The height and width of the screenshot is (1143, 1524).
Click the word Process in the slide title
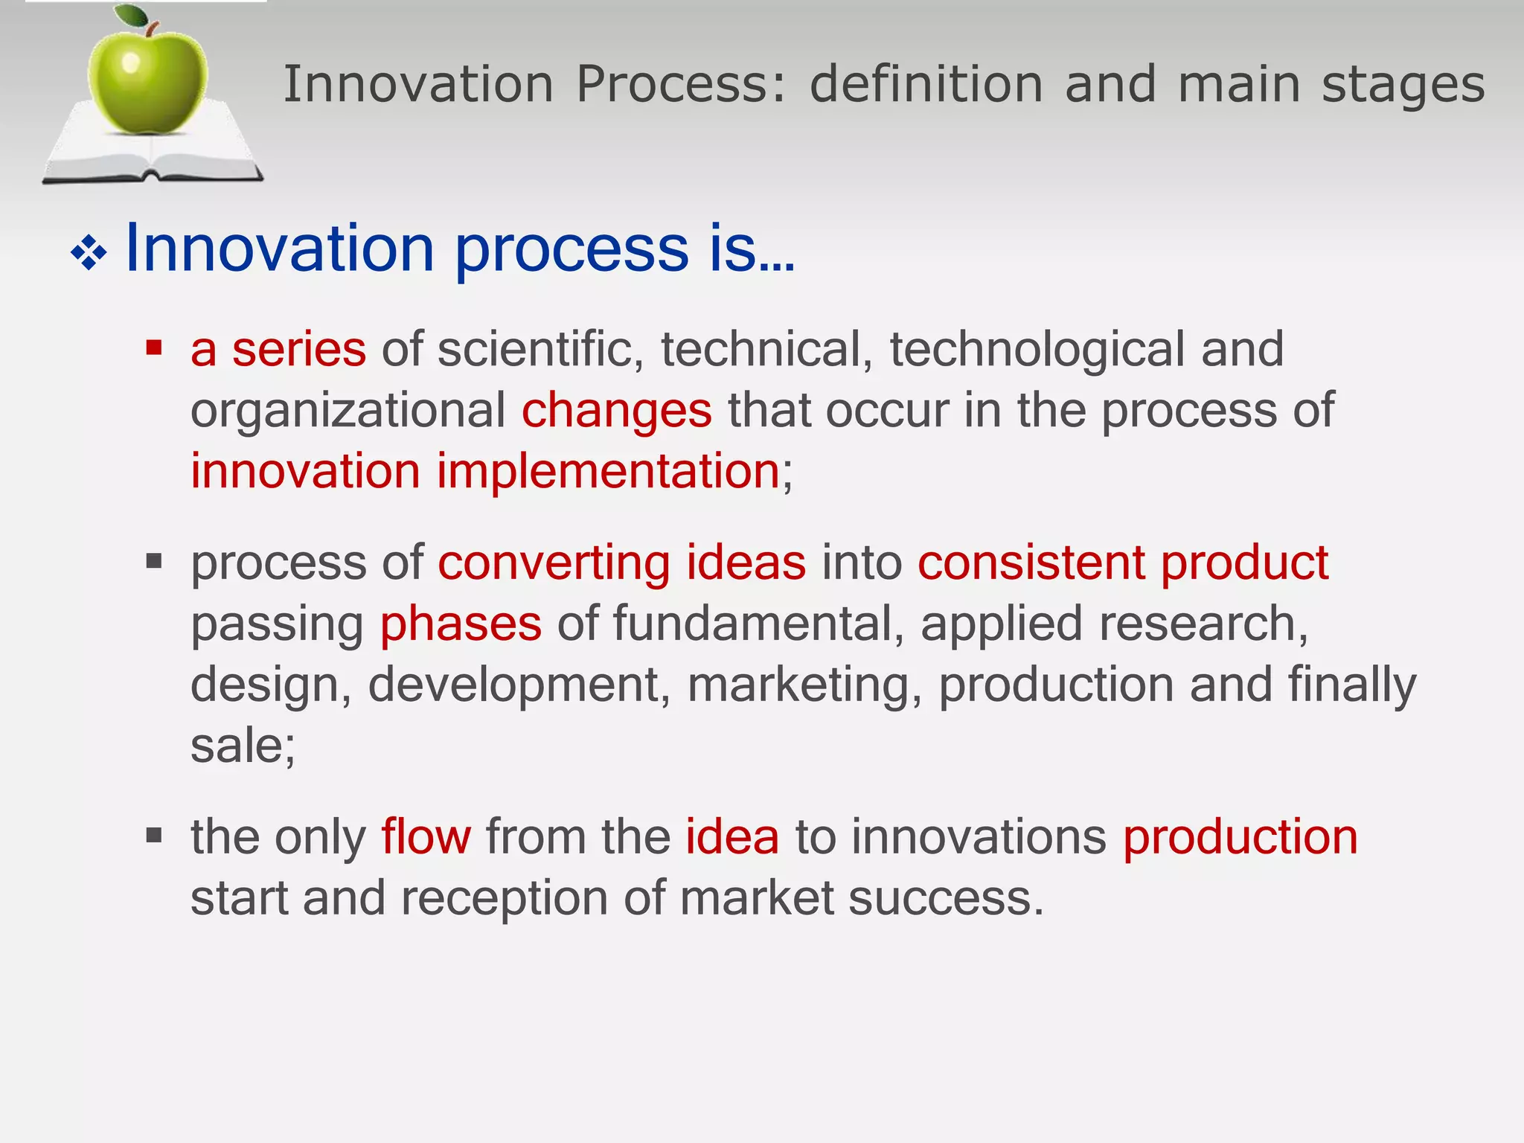(x=680, y=84)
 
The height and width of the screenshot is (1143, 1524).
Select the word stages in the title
(x=1403, y=84)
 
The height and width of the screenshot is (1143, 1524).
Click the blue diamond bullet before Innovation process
(x=89, y=254)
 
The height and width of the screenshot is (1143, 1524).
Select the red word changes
(x=616, y=411)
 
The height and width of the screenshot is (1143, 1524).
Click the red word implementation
(x=607, y=472)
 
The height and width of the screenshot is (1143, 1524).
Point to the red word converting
(x=554, y=563)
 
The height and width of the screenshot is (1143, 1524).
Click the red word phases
(x=461, y=624)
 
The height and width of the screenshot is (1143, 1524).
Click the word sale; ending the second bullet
(x=243, y=746)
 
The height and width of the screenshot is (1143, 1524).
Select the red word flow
(x=426, y=837)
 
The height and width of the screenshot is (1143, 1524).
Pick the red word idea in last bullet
(x=731, y=837)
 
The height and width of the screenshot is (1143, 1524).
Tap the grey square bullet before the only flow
(x=154, y=835)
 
